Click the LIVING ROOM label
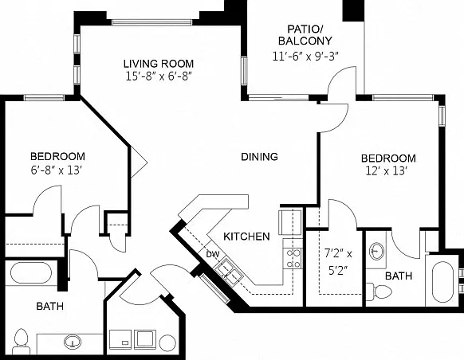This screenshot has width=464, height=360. (x=159, y=64)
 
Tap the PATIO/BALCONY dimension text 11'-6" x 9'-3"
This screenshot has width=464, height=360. (x=305, y=56)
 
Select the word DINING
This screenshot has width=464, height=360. (x=260, y=156)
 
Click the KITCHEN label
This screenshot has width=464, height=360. (x=246, y=237)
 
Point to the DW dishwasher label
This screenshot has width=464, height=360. (x=213, y=254)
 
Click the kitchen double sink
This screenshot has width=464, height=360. (x=229, y=272)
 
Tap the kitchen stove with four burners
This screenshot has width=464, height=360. (x=293, y=258)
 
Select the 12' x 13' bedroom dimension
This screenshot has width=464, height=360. (x=387, y=171)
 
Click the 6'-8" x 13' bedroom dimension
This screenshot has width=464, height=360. (x=57, y=170)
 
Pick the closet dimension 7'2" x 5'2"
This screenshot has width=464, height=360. (x=338, y=262)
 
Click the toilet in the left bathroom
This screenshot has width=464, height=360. (x=22, y=342)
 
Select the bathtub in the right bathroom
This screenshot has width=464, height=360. (x=442, y=282)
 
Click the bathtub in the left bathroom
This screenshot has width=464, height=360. (x=31, y=272)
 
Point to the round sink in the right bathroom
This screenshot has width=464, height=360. (x=377, y=251)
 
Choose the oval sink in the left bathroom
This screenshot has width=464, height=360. (x=73, y=342)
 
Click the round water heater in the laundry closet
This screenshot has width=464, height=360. (x=167, y=342)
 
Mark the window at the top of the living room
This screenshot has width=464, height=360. (x=151, y=22)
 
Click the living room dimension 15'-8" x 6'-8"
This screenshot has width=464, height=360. (x=159, y=76)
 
